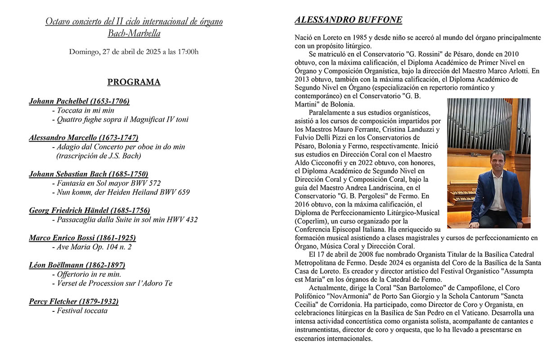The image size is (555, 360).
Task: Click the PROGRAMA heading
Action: tap(134, 82)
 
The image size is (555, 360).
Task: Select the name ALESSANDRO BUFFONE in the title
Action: tap(348, 20)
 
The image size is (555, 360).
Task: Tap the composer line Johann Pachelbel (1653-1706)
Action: tap(79, 101)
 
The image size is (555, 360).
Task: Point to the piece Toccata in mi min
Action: tap(85, 110)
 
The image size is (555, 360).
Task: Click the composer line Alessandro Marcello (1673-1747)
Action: tap(84, 138)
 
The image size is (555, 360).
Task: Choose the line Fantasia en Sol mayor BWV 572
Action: tap(108, 183)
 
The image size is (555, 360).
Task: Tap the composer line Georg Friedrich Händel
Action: tap(90, 211)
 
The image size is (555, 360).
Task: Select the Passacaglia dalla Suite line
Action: tap(127, 220)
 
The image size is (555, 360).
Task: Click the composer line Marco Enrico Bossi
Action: tap(82, 238)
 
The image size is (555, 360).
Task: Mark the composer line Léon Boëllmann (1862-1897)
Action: tap(77, 265)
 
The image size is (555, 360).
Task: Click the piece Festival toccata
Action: tap(82, 310)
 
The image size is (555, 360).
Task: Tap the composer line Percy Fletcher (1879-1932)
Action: tap(74, 301)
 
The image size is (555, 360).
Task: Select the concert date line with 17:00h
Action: tap(134, 52)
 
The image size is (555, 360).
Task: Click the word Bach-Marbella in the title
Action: tap(134, 33)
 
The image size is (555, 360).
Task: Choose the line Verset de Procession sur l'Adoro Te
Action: tap(114, 283)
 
